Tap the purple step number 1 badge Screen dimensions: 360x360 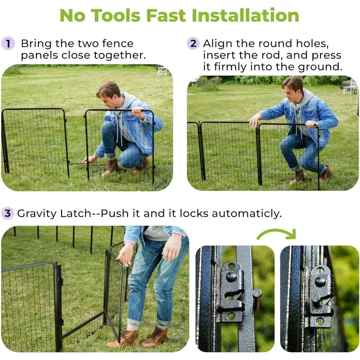point(8,44)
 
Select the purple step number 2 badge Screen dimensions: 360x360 point(193,44)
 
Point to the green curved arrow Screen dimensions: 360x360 point(276,234)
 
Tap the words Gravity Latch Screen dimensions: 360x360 point(54,213)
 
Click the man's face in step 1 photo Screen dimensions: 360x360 point(109,95)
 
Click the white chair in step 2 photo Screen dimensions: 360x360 point(350,87)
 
